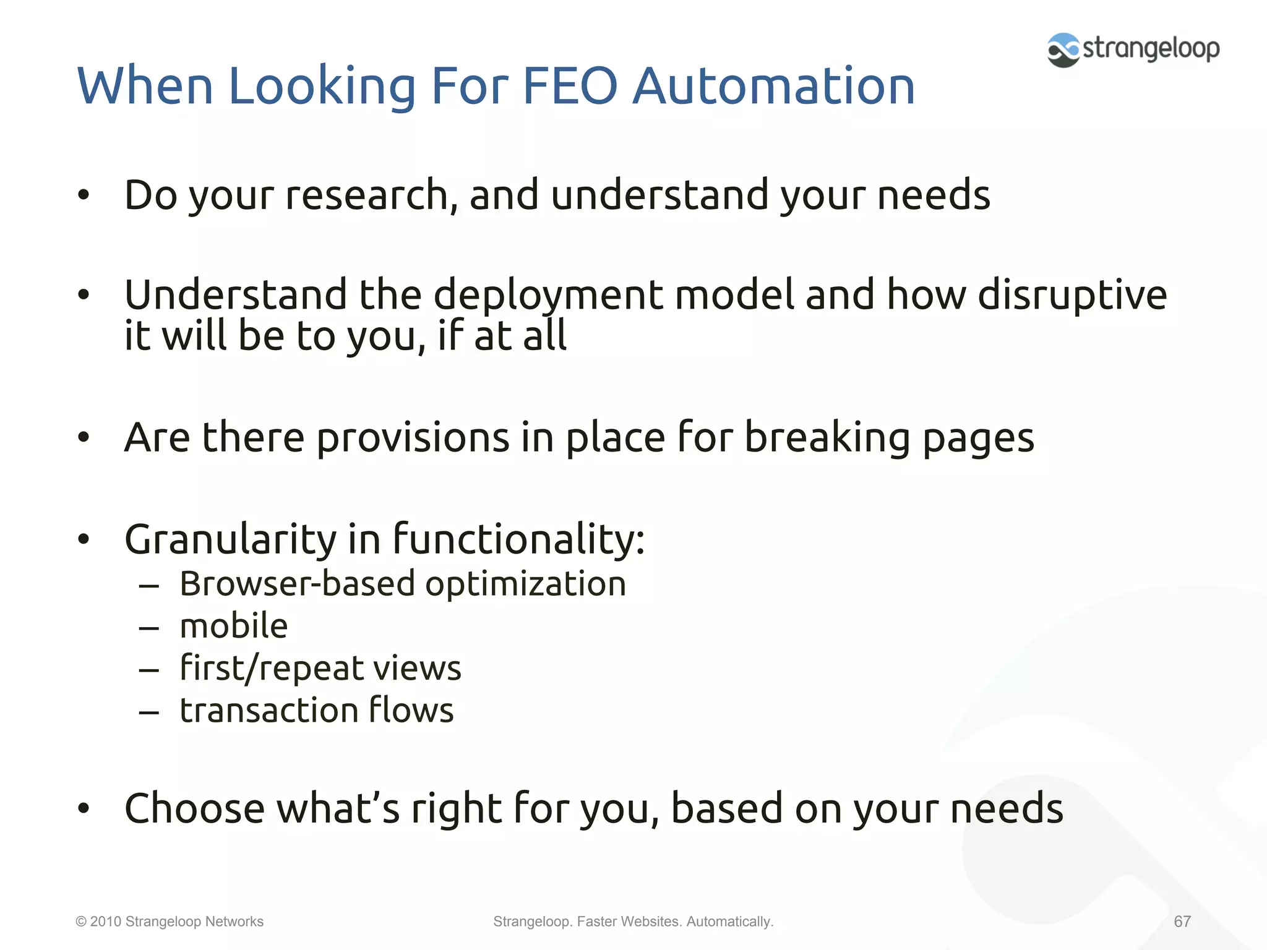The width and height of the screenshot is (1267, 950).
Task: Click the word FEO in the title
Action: (x=570, y=86)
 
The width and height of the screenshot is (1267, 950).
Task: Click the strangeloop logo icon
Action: (x=1063, y=49)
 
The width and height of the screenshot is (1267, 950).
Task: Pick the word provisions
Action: (x=413, y=438)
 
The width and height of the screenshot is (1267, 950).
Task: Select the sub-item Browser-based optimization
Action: (x=403, y=584)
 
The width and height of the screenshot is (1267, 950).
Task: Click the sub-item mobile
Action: (x=234, y=626)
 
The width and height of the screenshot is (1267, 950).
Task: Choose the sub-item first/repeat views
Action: (x=320, y=669)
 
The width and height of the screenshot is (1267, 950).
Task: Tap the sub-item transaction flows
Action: (x=317, y=710)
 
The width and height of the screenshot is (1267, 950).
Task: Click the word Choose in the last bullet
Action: (x=194, y=808)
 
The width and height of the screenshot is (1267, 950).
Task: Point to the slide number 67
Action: (x=1182, y=922)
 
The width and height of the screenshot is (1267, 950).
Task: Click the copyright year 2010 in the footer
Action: (x=105, y=922)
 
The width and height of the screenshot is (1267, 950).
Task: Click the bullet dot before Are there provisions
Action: (x=84, y=438)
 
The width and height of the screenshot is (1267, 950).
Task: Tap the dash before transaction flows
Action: (x=149, y=712)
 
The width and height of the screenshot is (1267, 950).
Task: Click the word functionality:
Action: (x=518, y=539)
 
